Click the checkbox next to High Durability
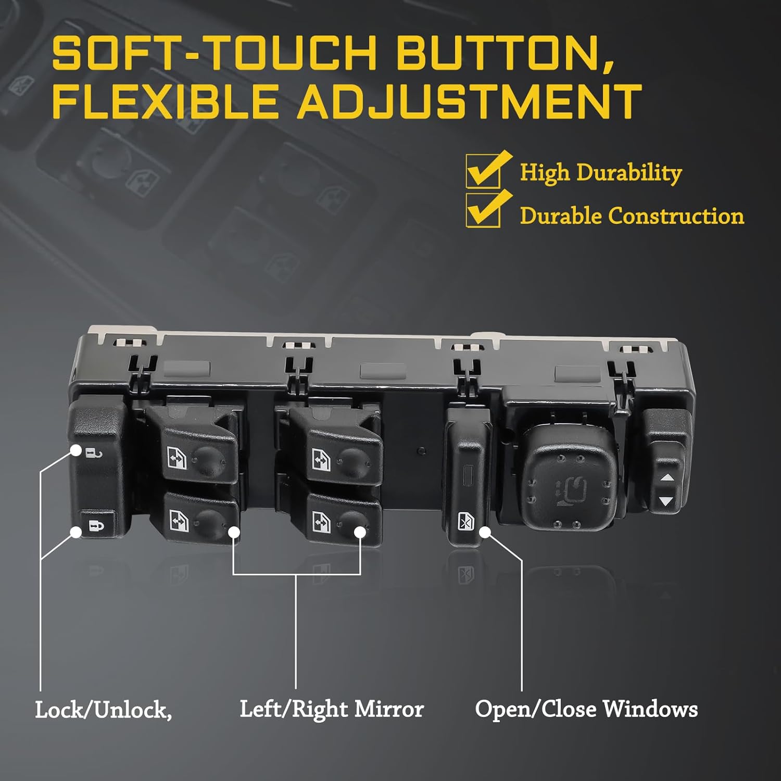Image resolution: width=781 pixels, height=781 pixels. click(x=483, y=170)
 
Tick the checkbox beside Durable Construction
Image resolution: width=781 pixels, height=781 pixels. click(x=483, y=210)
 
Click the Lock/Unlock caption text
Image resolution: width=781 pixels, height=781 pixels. click(x=103, y=710)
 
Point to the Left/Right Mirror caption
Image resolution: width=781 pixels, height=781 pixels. click(x=332, y=709)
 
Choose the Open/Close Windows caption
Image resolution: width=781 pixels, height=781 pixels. click(x=586, y=709)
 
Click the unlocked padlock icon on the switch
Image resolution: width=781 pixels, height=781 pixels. click(x=94, y=452)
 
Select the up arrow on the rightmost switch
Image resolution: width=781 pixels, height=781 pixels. click(x=667, y=477)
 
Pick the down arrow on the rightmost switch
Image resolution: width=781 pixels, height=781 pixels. click(x=666, y=501)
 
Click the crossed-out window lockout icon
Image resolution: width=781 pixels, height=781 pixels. click(x=465, y=521)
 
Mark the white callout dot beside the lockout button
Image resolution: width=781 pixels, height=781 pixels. click(x=485, y=532)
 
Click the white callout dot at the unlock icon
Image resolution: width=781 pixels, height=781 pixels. click(x=76, y=450)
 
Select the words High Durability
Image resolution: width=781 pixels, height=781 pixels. click(x=601, y=172)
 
